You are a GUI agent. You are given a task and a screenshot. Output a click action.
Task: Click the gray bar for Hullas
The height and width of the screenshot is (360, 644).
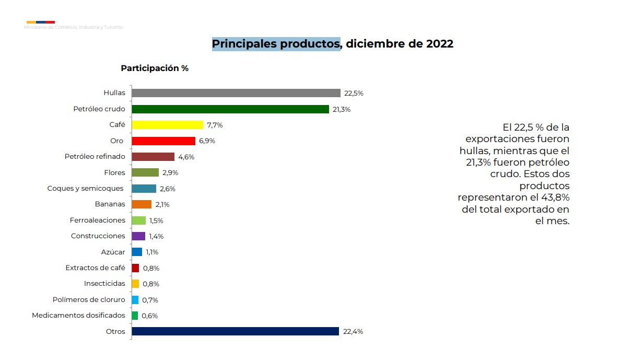[x=236, y=93]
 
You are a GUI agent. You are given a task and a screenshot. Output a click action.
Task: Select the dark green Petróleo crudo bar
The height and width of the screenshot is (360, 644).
[x=230, y=109]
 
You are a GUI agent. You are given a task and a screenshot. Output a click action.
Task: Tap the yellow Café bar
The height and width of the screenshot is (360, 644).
[x=167, y=125]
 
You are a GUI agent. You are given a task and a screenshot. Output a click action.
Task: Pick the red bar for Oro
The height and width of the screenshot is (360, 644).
[x=163, y=141]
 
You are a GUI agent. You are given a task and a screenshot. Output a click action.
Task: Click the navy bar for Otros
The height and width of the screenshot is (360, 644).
[x=235, y=331]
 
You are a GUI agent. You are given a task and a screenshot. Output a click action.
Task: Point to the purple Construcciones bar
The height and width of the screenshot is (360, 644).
[x=138, y=236]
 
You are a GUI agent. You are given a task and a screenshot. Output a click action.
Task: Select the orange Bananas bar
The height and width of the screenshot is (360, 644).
[x=142, y=204]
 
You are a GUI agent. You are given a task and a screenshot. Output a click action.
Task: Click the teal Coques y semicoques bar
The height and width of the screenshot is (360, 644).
[x=144, y=189]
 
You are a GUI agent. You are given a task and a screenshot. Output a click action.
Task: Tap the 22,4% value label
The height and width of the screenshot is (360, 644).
[x=353, y=331]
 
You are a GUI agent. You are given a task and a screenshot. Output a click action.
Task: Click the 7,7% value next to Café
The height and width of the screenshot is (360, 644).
[x=215, y=125]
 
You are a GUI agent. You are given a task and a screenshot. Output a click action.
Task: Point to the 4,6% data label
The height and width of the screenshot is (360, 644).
[x=186, y=157]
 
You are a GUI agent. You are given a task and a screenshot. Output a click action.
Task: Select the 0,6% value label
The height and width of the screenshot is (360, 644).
[x=149, y=316]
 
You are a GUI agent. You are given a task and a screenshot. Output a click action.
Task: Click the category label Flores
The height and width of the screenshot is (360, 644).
[x=114, y=172]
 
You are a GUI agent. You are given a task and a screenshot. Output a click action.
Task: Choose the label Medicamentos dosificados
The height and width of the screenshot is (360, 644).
[x=78, y=315]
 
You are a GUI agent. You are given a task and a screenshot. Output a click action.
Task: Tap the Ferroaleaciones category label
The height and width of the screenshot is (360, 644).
[x=98, y=220]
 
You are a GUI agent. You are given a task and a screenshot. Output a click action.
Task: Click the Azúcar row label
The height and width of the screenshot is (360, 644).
[x=113, y=252]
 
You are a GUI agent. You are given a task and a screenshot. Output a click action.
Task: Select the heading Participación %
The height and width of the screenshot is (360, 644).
[x=155, y=68]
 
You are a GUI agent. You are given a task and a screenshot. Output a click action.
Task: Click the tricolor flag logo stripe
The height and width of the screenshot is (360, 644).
[x=41, y=22]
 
